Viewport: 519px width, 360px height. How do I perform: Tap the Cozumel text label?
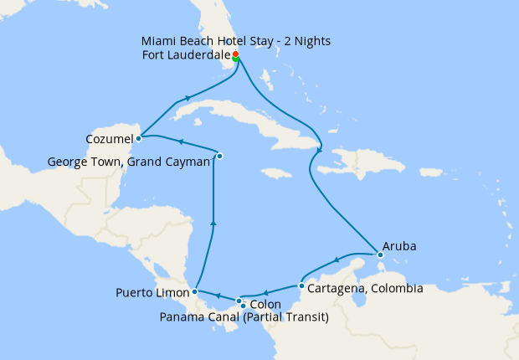tap(109, 138)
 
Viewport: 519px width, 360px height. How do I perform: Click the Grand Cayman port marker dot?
tap(219, 156)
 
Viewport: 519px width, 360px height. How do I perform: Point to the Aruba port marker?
tap(380, 255)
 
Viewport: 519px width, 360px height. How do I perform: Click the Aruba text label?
tap(399, 247)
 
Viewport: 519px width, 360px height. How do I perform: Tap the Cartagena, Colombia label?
tap(365, 289)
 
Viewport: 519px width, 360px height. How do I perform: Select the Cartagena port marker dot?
tap(301, 286)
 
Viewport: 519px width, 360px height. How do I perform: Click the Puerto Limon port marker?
tap(194, 292)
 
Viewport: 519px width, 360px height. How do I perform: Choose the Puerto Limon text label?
tap(152, 293)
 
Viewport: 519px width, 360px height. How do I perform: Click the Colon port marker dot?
tap(239, 301)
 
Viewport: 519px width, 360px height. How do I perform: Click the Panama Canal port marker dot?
tap(243, 306)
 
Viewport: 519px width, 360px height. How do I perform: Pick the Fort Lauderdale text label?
tap(186, 56)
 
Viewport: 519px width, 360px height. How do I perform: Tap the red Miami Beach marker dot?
tap(235, 54)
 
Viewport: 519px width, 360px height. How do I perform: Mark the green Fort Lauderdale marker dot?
tap(236, 59)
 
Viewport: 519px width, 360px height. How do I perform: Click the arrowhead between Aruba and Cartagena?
tap(337, 260)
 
